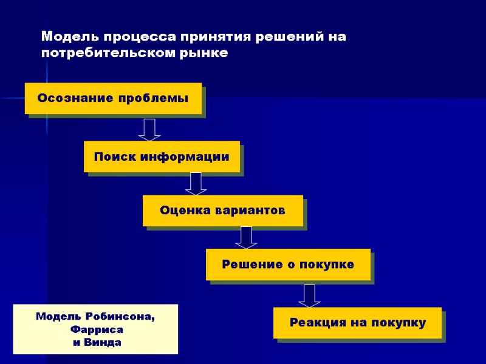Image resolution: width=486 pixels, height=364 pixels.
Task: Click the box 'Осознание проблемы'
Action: [113, 98]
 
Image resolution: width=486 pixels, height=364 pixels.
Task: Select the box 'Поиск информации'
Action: [162, 157]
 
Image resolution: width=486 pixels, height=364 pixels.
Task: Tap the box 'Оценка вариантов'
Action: [222, 211]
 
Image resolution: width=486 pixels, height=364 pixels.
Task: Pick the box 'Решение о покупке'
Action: [288, 265]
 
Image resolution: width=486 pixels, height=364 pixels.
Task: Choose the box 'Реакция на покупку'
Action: [357, 322]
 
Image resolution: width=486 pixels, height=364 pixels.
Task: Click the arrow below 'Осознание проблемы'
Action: [149, 129]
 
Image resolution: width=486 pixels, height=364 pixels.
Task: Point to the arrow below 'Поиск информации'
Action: [196, 183]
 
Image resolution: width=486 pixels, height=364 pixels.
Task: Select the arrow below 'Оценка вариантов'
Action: [246, 237]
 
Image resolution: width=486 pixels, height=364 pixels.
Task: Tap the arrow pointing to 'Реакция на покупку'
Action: [309, 295]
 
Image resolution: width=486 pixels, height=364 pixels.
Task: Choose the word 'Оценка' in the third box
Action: [183, 211]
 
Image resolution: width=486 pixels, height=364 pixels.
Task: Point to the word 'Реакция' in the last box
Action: [318, 322]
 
